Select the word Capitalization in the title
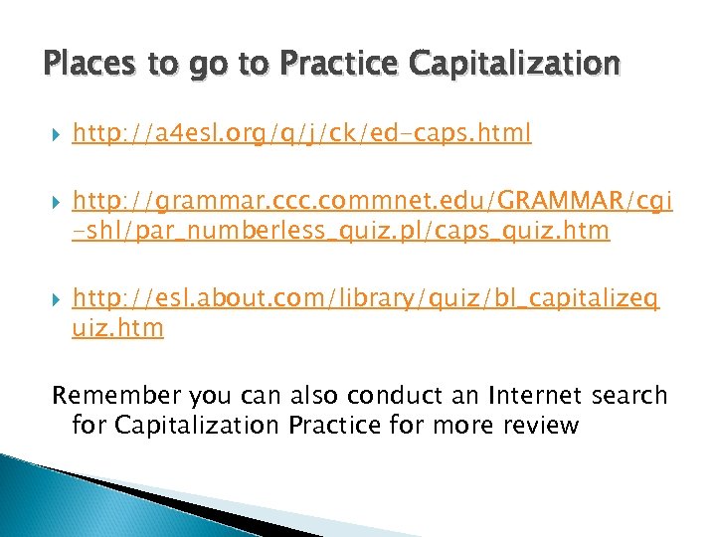point(514,65)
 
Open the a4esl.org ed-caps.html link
point(301,133)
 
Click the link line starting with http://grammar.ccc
point(372,203)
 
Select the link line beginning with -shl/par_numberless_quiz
point(341,231)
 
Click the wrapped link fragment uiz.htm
point(117,327)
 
